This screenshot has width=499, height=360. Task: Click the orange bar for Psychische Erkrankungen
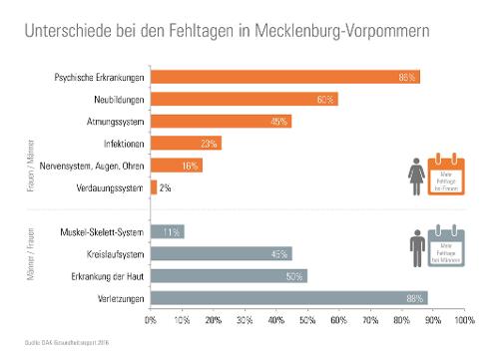[284, 77]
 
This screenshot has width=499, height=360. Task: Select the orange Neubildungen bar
[244, 99]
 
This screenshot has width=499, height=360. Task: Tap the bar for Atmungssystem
[221, 121]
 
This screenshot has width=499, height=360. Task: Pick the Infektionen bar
[186, 144]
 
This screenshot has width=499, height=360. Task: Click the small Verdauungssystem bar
[154, 186]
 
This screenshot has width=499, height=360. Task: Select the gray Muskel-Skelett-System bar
[167, 232]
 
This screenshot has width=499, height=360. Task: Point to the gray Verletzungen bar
[288, 297]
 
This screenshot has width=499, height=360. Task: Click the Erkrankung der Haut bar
[229, 275]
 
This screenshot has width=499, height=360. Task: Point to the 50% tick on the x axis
[307, 321]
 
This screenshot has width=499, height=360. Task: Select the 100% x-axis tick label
[464, 321]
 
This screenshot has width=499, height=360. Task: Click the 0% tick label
[151, 321]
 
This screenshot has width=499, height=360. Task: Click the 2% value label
[166, 186]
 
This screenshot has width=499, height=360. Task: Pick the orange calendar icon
[445, 174]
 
